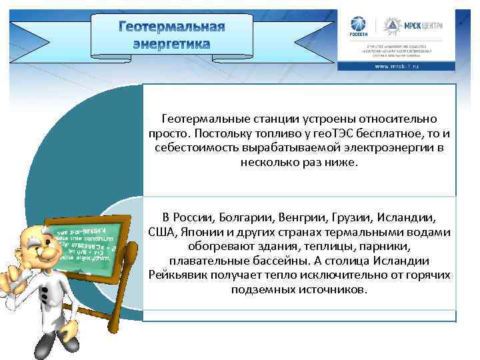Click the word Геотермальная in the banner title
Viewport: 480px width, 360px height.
click(x=171, y=27)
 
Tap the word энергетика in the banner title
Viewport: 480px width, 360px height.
click(x=171, y=44)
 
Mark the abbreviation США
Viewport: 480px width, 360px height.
click(x=162, y=232)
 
